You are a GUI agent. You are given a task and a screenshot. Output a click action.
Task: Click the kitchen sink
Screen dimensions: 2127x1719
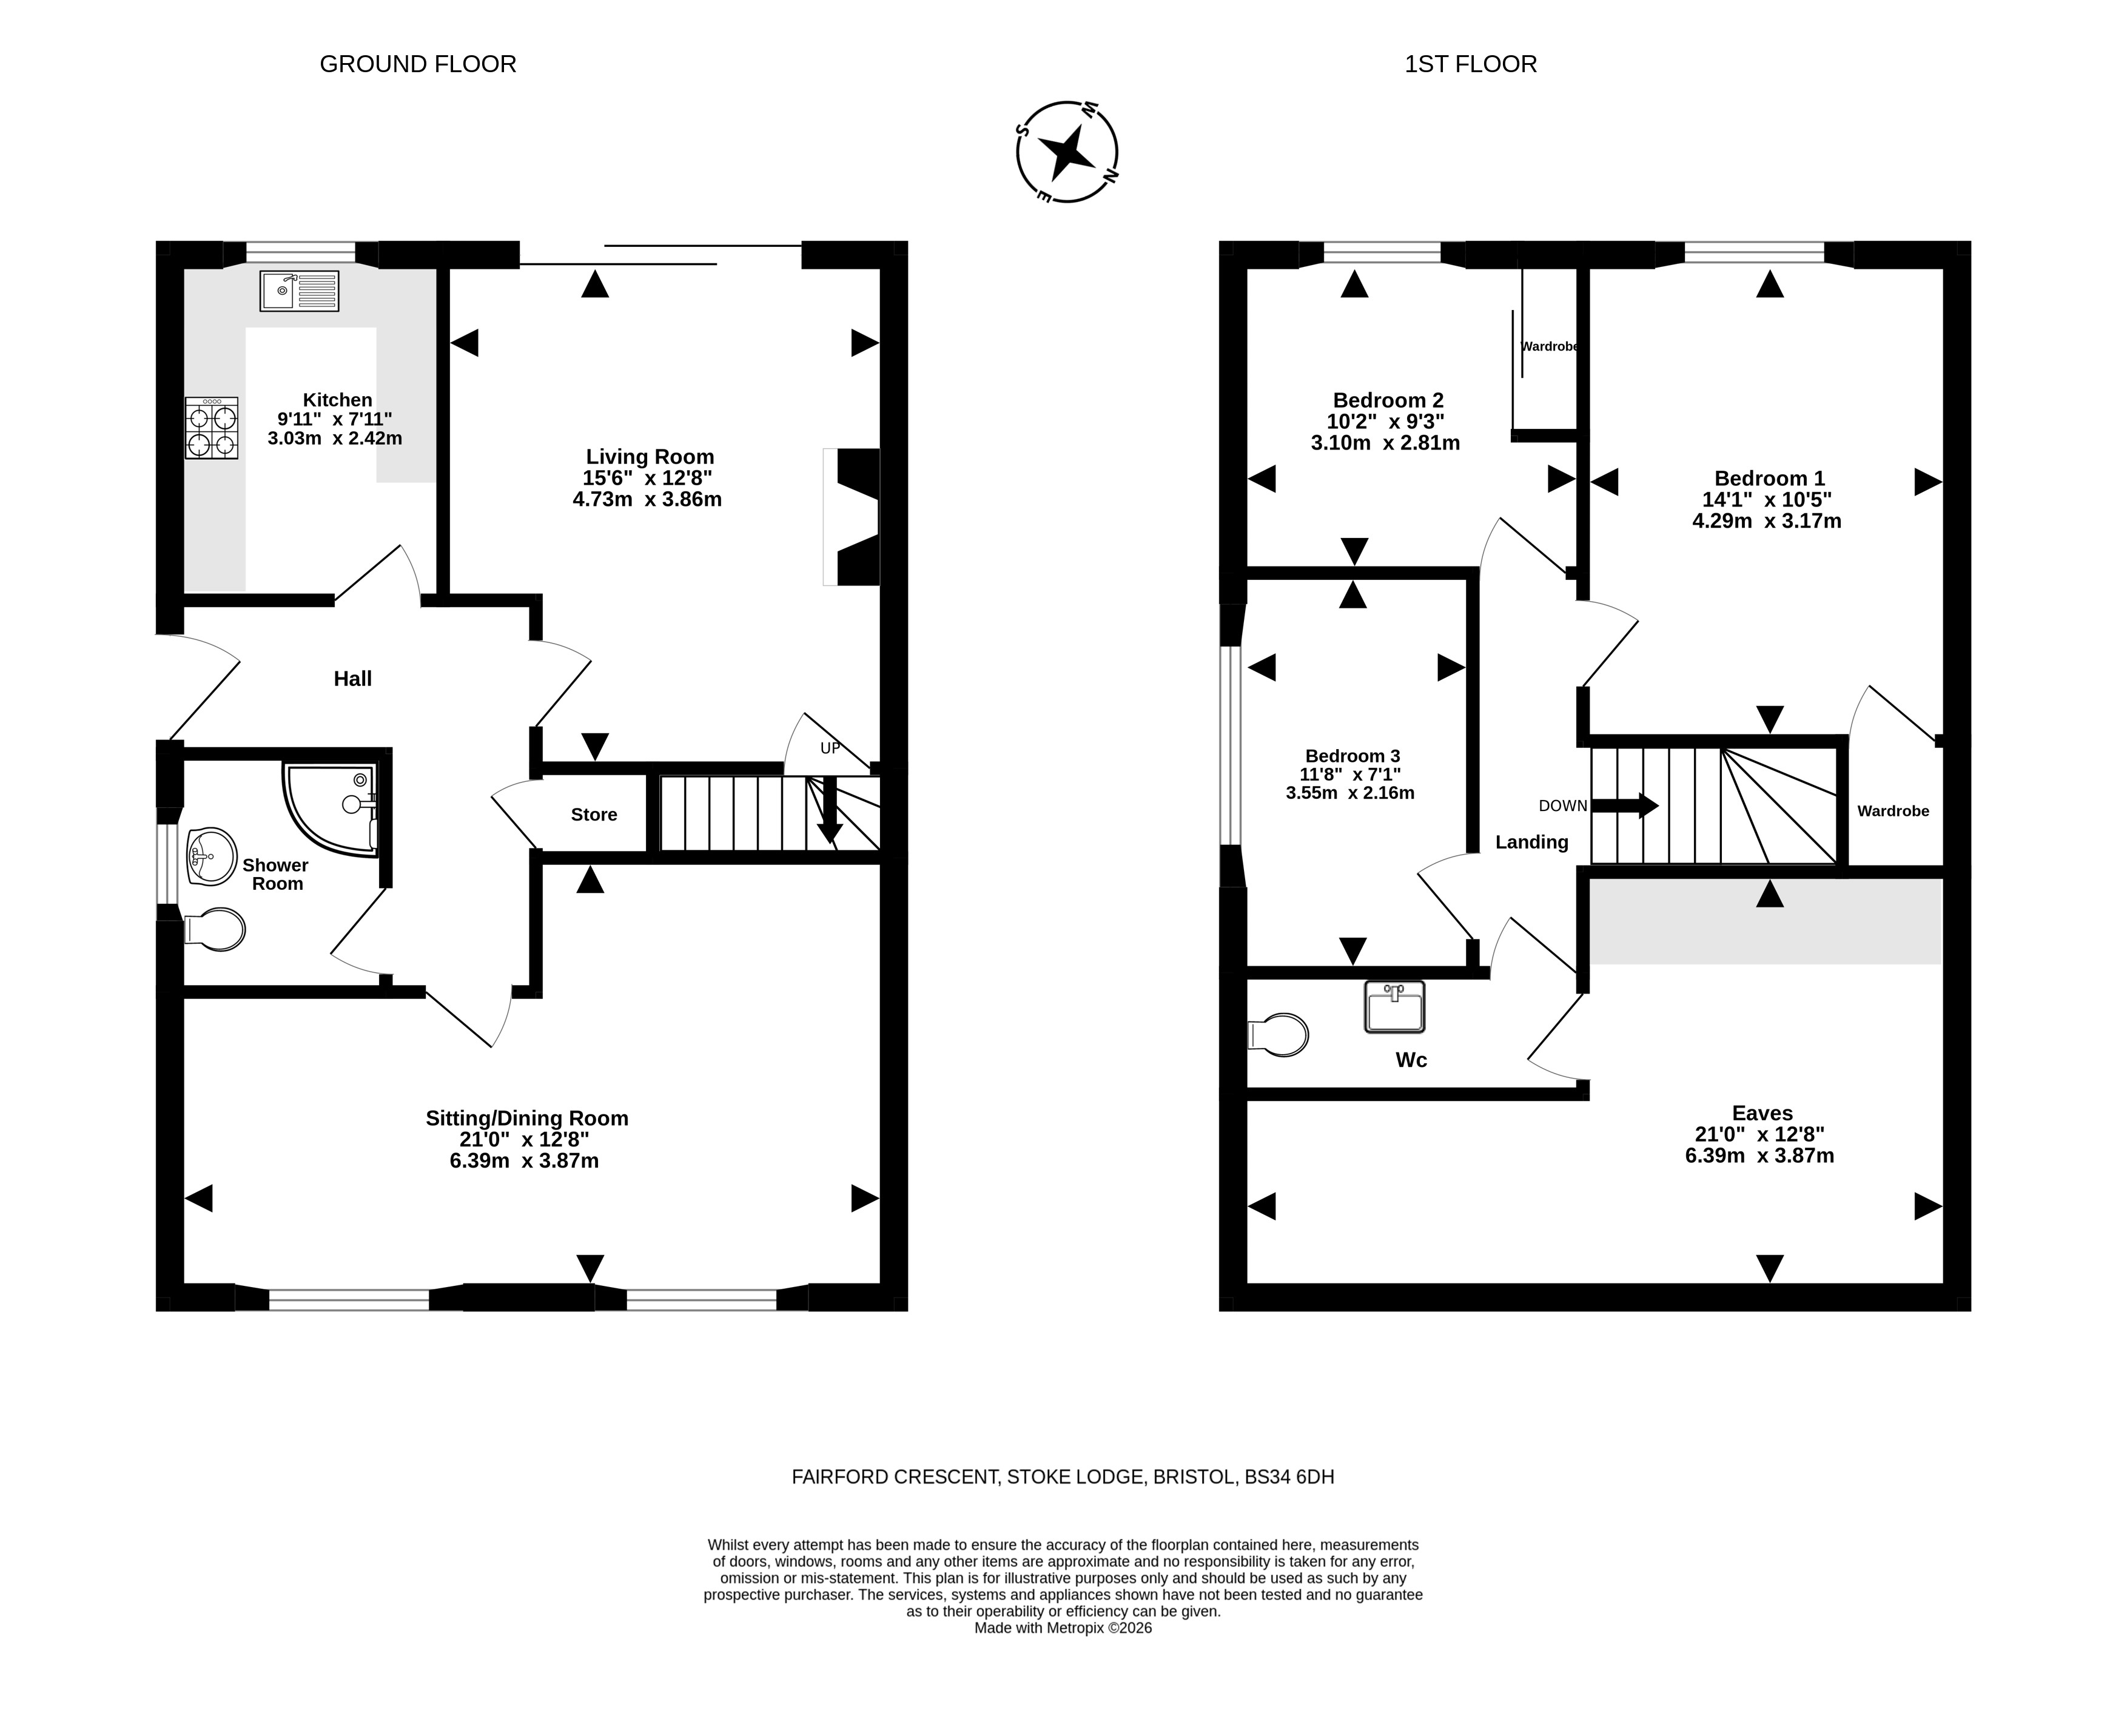pyautogui.click(x=299, y=290)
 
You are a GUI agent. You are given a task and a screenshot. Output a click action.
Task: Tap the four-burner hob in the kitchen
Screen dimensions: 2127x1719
pyautogui.click(x=212, y=428)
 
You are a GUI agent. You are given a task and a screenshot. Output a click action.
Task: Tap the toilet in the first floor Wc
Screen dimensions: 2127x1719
pyautogui.click(x=1279, y=1035)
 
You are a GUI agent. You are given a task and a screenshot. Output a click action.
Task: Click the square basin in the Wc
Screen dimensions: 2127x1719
pyautogui.click(x=1394, y=1007)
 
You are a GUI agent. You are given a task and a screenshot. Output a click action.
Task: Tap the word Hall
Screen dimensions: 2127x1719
pyautogui.click(x=352, y=678)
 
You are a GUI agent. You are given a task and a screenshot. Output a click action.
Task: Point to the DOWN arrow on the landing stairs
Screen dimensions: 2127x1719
pyautogui.click(x=1625, y=805)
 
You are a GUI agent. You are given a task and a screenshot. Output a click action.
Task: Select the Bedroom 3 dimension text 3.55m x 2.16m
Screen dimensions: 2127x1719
pyautogui.click(x=1349, y=793)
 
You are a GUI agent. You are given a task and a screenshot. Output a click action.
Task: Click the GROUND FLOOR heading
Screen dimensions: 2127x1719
pyautogui.click(x=418, y=64)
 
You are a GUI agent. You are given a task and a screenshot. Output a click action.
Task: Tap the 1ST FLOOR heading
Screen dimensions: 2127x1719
pyautogui.click(x=1471, y=64)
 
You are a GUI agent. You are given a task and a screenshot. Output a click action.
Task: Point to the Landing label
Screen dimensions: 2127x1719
pyautogui.click(x=1532, y=843)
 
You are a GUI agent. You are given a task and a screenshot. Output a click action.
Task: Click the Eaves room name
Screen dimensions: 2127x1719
pyautogui.click(x=1762, y=1113)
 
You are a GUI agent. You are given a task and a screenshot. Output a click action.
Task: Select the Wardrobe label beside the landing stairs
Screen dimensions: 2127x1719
pyautogui.click(x=1893, y=811)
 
